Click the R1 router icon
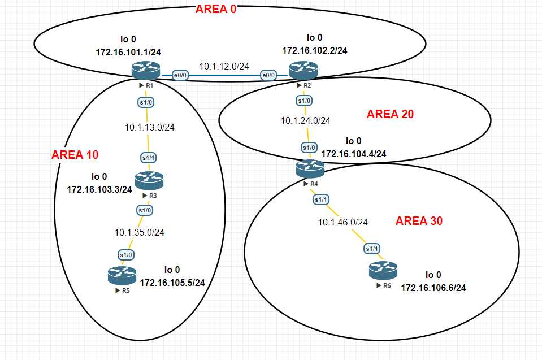[x=146, y=71]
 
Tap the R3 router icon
[x=149, y=180]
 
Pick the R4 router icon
[x=310, y=168]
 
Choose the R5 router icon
[x=122, y=276]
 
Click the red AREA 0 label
[x=215, y=10]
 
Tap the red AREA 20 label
[x=390, y=114]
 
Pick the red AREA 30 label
[x=419, y=221]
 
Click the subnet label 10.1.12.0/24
[x=224, y=66]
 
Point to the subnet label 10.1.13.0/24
[x=149, y=127]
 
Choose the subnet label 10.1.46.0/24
[x=343, y=222]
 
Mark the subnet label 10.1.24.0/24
[x=306, y=120]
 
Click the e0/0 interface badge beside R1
[x=180, y=76]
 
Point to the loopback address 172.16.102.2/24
[x=315, y=50]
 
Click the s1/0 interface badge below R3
[x=145, y=210]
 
